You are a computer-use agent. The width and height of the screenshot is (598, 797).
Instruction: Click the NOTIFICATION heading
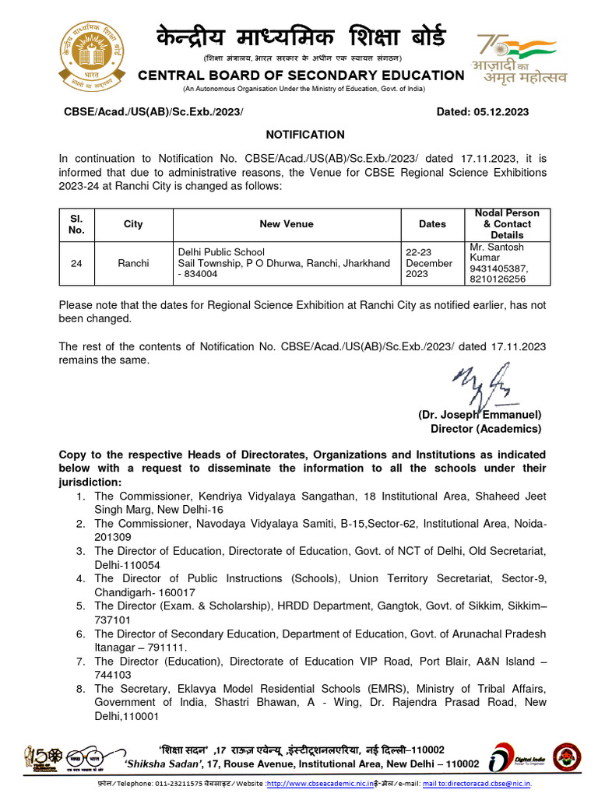(305, 135)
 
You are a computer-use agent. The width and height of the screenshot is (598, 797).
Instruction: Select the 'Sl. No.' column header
(76, 224)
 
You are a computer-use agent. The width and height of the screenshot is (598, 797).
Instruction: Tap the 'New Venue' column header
(287, 224)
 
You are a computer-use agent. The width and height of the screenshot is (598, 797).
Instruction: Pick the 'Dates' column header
(432, 224)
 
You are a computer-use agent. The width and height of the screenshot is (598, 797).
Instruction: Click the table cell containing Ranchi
(133, 264)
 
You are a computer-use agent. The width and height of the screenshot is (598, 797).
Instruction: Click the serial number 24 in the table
(76, 264)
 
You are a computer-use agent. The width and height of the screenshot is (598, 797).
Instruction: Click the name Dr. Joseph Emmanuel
(480, 416)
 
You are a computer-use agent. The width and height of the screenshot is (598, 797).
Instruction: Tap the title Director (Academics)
(486, 429)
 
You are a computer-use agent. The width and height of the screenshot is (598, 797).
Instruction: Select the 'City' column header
(133, 224)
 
